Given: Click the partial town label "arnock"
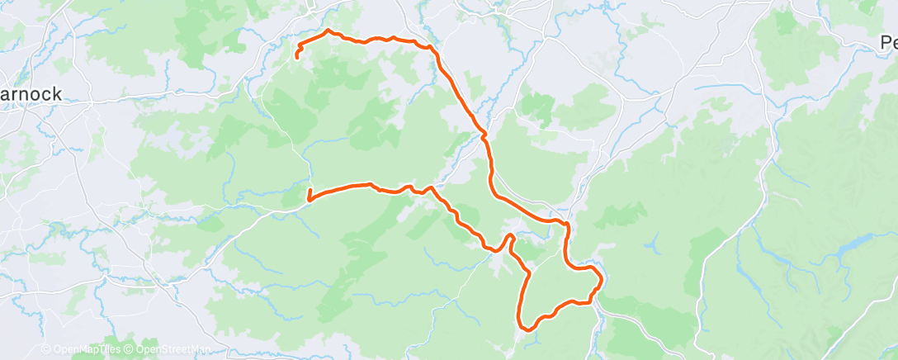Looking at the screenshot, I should pos(31,94).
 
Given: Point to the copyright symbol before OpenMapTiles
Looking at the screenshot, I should pos(45,349).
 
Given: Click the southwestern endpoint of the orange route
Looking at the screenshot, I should pos(309,199).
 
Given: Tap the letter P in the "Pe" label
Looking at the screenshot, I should pos(883,42).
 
